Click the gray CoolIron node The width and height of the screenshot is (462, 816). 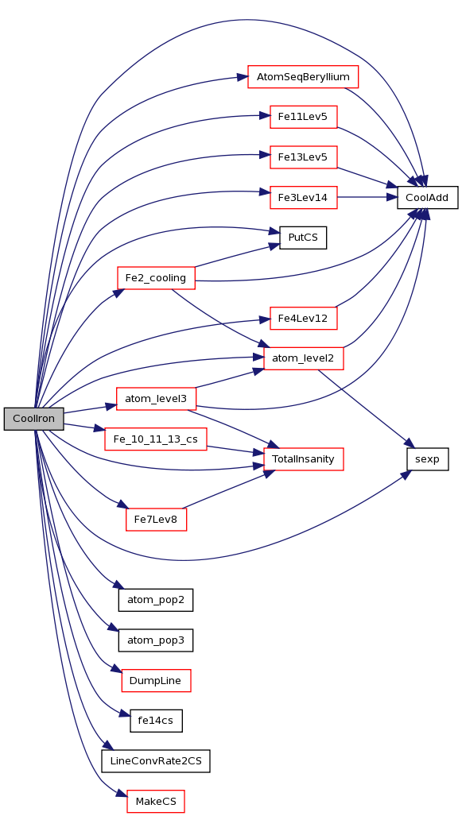click(34, 419)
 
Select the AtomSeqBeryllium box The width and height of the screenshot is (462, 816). click(303, 76)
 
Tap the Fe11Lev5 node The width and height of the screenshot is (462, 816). click(304, 117)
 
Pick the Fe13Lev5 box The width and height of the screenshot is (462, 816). click(304, 157)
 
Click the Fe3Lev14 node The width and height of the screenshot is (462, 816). click(304, 197)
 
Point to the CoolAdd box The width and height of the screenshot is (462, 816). click(428, 197)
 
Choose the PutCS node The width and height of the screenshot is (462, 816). click(303, 238)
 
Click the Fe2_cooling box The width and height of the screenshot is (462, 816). click(157, 278)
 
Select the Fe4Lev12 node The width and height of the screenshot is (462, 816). click(304, 318)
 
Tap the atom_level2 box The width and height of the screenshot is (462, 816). click(304, 358)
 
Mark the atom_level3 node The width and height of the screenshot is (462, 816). click(157, 399)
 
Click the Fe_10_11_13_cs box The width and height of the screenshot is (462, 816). click(157, 439)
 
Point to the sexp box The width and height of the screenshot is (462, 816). click(428, 459)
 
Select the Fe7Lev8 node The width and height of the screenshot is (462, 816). click(157, 520)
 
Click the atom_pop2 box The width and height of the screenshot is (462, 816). click(157, 600)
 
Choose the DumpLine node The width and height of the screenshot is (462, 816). click(157, 681)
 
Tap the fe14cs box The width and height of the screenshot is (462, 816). click(157, 721)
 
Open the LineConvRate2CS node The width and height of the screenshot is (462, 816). click(157, 761)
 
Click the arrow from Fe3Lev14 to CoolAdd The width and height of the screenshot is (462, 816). click(367, 197)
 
